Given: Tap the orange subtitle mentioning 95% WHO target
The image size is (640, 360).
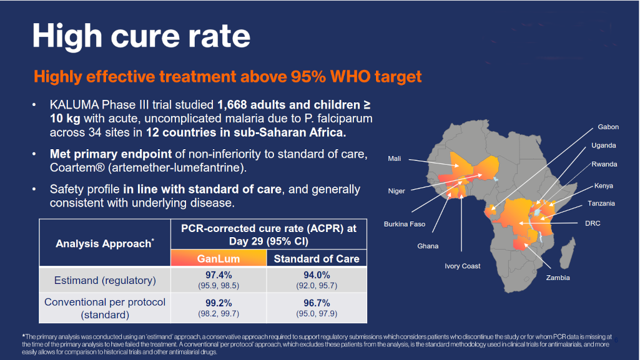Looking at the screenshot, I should coord(228,77).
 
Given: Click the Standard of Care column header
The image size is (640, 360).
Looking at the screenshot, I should coord(317,258).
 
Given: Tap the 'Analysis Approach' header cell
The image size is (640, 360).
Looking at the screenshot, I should coord(104,243).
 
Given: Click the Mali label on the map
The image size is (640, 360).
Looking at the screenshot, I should coord(395,158).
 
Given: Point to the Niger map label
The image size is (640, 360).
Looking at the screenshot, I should coord(396,191).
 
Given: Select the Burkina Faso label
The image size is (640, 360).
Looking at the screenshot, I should coord(405,224).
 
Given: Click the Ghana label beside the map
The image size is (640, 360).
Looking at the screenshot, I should coord(428,246).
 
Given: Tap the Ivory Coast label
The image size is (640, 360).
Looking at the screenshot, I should coord(462,266).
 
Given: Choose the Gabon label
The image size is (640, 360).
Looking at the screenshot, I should coord(608,127).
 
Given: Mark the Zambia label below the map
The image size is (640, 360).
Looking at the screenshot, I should coord(558,278).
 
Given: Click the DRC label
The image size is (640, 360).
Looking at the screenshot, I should coord(593,223).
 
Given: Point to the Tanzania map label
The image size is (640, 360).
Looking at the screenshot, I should coord(601,203).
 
